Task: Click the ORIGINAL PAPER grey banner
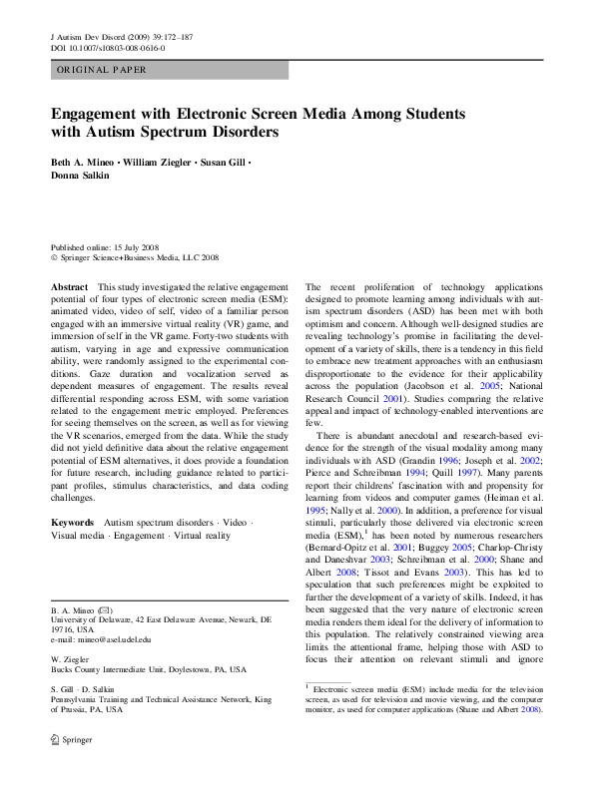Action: tap(170, 70)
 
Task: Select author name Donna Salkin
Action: tap(81, 176)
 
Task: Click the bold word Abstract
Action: tap(70, 287)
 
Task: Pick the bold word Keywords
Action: tap(74, 523)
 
